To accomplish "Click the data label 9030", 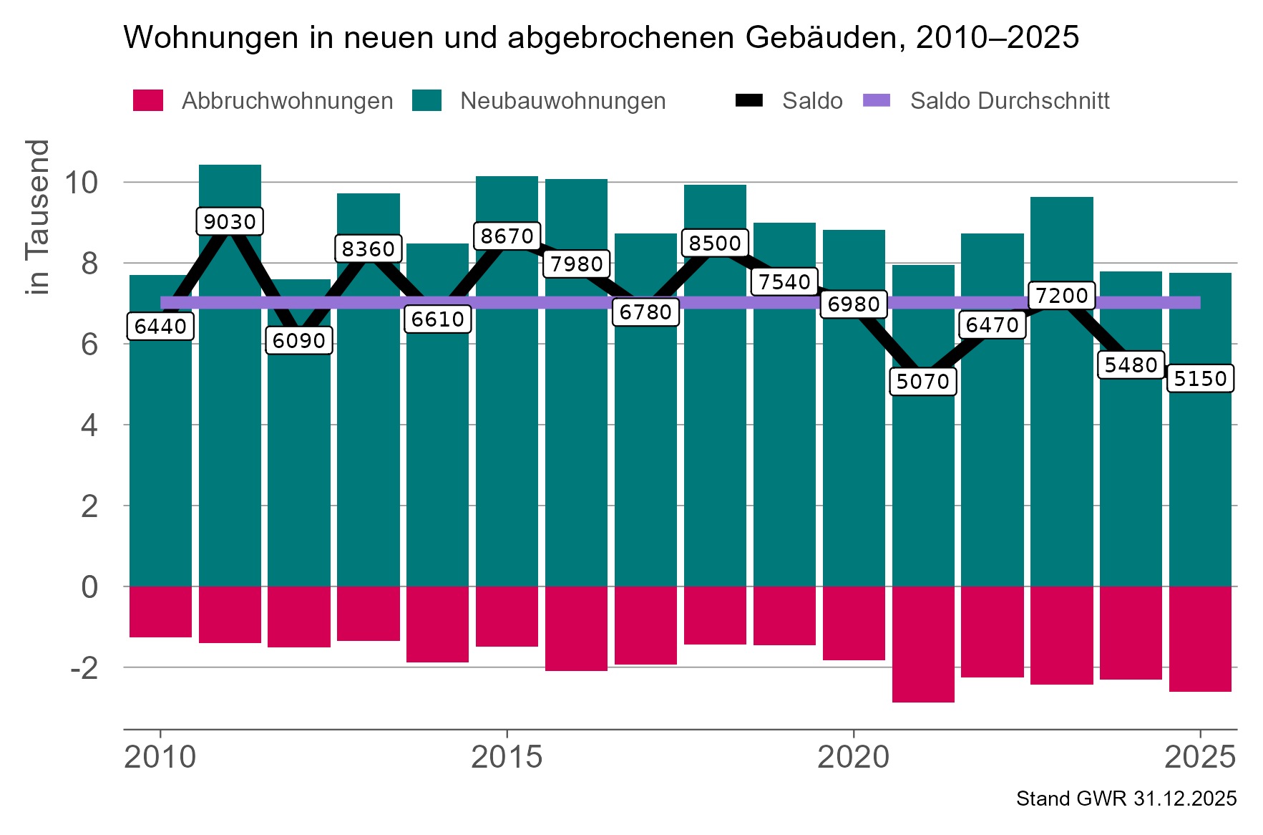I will [x=230, y=221].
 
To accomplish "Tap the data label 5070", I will [x=922, y=381].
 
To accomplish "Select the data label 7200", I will [x=1061, y=295].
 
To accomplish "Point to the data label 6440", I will [x=160, y=327].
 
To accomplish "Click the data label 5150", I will [x=1200, y=378].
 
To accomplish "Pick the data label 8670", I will [x=507, y=236].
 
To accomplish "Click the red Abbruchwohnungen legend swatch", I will [x=148, y=100].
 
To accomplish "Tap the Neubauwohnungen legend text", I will [x=562, y=101].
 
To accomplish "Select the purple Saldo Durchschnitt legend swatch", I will [x=877, y=100].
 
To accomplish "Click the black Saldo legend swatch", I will [x=748, y=100].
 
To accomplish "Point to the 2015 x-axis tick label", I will [x=507, y=757].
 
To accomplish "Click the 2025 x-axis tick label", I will [x=1200, y=757].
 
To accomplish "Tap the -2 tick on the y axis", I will [x=84, y=667].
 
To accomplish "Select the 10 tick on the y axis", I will [x=80, y=183].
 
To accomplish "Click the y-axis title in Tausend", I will [x=37, y=217].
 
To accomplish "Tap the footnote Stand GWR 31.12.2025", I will [x=1126, y=798].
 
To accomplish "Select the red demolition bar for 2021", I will [x=922, y=645].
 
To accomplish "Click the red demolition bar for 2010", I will [x=160, y=612].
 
